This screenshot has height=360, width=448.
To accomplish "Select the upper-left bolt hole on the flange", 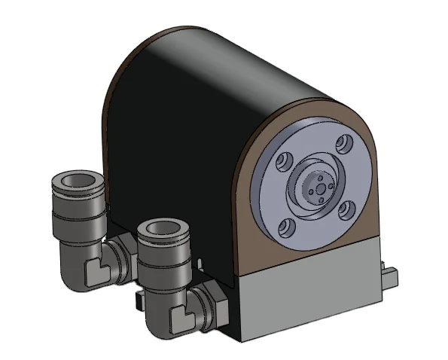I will [x=285, y=160].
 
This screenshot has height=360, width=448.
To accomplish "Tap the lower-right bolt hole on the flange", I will [x=345, y=209].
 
